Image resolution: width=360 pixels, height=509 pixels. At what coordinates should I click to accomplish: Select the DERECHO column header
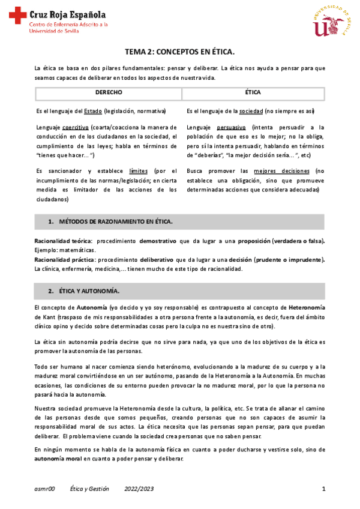[x=108, y=93]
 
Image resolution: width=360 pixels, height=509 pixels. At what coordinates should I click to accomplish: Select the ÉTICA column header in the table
[x=253, y=93]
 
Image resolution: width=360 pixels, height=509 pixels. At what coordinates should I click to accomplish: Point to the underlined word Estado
[x=92, y=112]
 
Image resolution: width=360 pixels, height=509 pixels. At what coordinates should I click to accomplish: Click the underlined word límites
[x=139, y=170]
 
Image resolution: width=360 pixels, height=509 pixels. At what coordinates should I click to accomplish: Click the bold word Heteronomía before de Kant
[x=307, y=307]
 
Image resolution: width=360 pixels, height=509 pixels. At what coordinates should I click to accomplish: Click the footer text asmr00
[x=44, y=489]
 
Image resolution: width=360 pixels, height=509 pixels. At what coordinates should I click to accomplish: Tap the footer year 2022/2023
[x=139, y=489]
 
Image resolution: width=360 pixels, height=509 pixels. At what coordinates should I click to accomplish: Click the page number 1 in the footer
[x=323, y=489]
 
